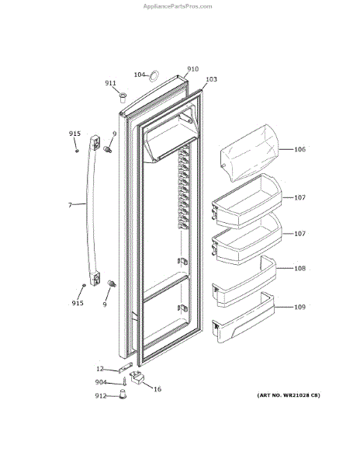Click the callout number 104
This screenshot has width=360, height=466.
pyautogui.click(x=139, y=75)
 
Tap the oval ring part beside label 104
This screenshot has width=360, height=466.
pyautogui.click(x=151, y=76)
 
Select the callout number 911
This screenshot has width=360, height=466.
pyautogui.click(x=110, y=83)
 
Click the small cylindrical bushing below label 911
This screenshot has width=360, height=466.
pyautogui.click(x=123, y=97)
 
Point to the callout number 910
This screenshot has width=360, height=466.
pyautogui.click(x=193, y=69)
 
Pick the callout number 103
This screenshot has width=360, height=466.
pyautogui.click(x=211, y=79)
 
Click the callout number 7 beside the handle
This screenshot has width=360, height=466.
pyautogui.click(x=70, y=205)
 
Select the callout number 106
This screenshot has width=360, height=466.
pyautogui.click(x=299, y=149)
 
